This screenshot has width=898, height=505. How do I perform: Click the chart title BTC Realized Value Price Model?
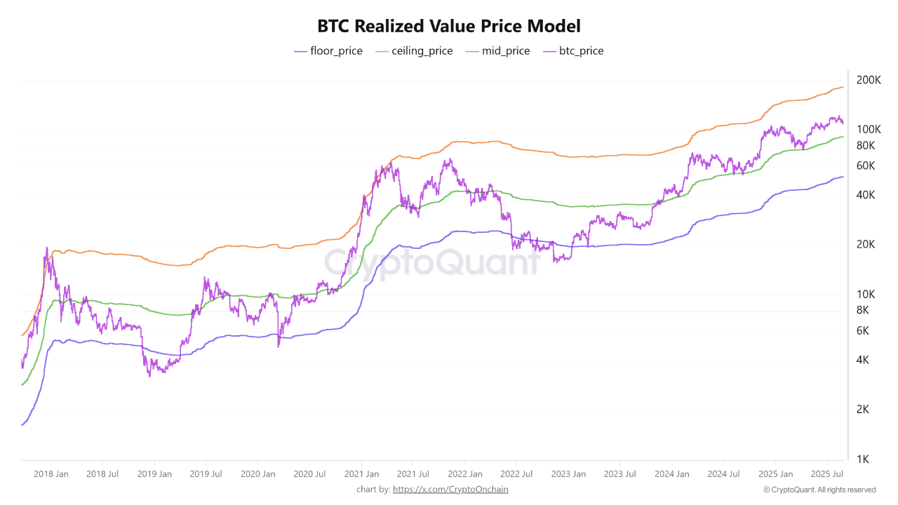[449, 27]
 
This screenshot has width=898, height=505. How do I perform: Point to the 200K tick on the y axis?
[869, 80]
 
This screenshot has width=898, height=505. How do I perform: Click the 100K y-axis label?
[869, 130]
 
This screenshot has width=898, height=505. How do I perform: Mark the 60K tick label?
[866, 166]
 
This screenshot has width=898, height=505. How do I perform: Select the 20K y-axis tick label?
[866, 245]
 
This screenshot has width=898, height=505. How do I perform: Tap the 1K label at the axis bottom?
[863, 459]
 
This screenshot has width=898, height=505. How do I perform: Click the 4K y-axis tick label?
[863, 360]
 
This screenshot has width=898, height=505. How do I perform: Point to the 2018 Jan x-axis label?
[51, 474]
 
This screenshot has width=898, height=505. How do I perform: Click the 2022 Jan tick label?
[464, 474]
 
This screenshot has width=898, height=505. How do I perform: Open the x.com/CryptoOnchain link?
[450, 490]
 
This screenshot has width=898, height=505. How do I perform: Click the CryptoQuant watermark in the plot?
[431, 263]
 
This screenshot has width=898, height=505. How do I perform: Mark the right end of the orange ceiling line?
[843, 87]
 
